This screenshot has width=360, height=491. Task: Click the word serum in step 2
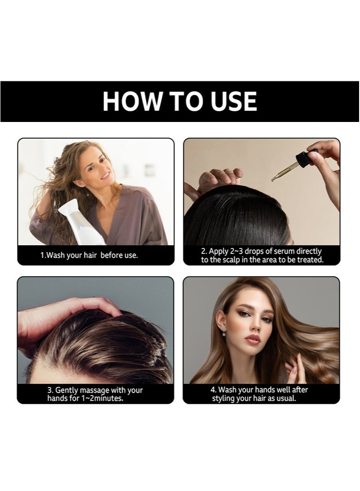(x=284, y=252)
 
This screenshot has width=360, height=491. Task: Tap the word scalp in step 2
(x=231, y=260)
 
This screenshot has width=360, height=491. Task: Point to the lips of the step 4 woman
(x=252, y=339)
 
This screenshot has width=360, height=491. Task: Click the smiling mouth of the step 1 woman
(x=105, y=175)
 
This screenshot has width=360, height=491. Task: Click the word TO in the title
(x=187, y=101)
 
